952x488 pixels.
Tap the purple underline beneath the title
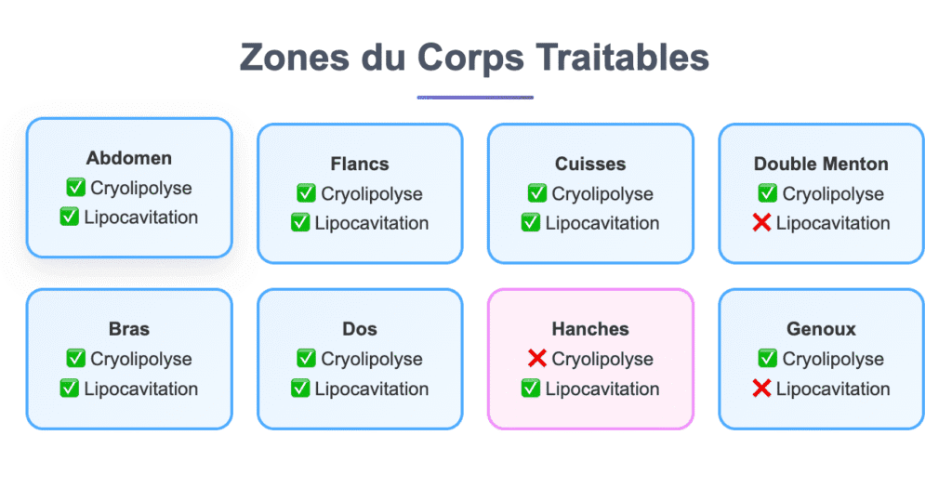475,97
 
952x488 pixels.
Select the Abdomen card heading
129,158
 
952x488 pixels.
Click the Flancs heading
360,164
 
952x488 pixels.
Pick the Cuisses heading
590,164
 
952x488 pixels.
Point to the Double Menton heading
821,164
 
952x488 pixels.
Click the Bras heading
129,329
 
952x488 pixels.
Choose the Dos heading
360,329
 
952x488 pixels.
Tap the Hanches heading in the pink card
590,329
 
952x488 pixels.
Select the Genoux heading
821,329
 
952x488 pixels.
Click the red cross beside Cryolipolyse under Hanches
536,359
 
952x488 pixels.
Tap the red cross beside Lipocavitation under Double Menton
762,223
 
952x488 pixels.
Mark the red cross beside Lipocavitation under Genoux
762,389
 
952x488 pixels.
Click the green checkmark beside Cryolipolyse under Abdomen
75,188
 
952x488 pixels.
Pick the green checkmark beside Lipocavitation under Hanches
531,389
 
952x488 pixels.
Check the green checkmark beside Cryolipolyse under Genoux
767,359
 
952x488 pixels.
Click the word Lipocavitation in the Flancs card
372,223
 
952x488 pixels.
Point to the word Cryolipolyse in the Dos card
372,359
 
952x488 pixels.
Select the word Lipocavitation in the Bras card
141,389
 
